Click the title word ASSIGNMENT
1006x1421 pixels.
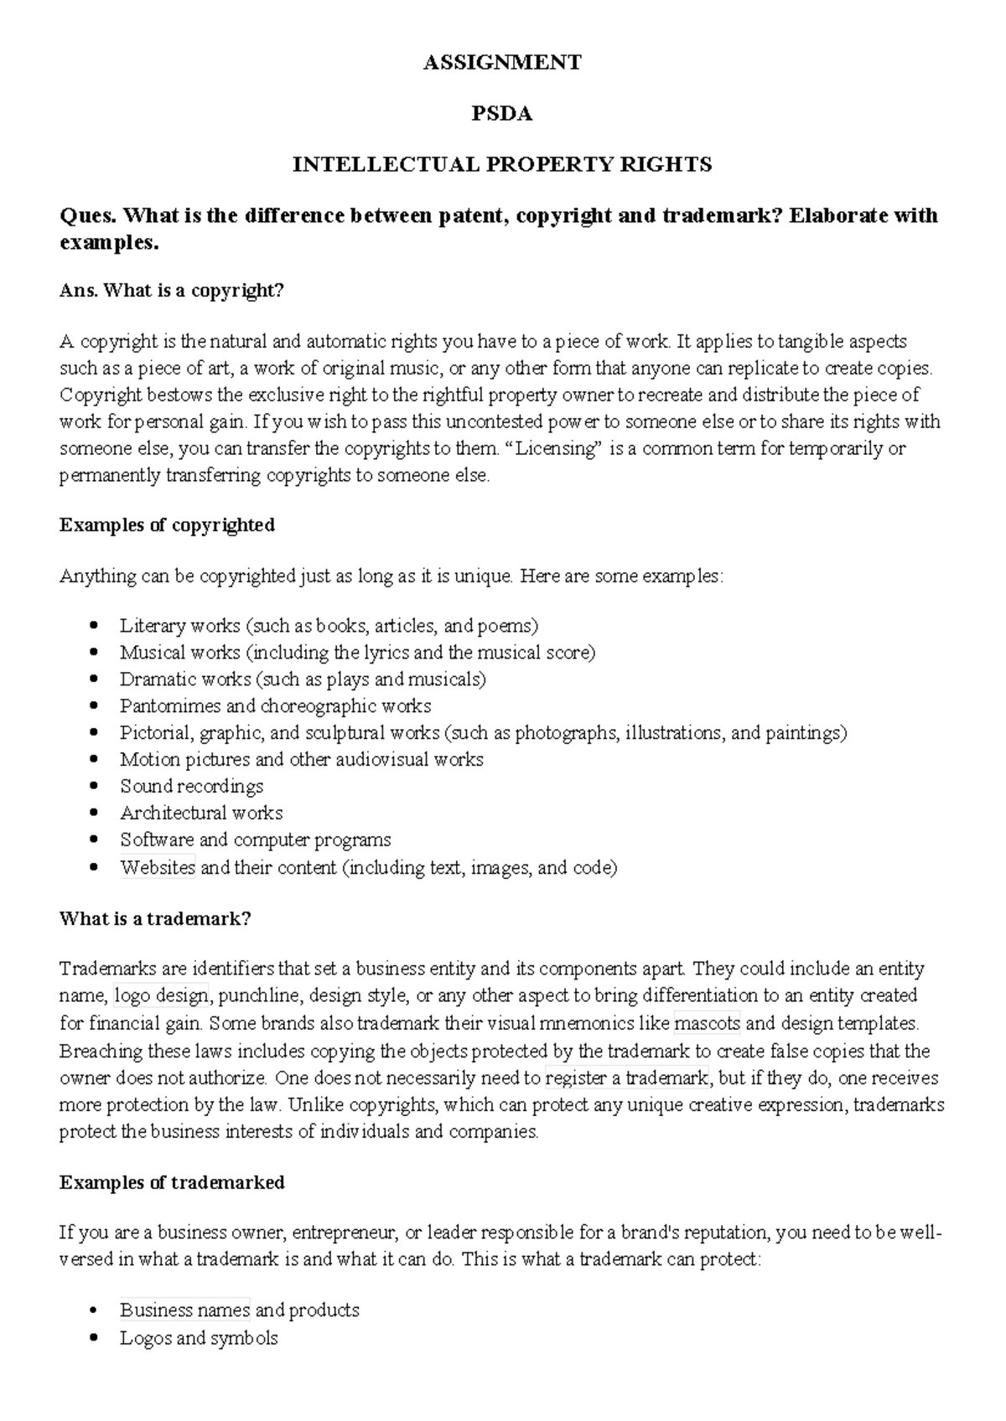[x=502, y=63]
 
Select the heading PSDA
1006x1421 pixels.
[x=502, y=114]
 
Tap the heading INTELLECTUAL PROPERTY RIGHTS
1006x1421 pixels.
[x=502, y=164]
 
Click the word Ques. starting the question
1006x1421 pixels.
[x=88, y=216]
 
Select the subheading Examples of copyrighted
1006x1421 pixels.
[x=168, y=525]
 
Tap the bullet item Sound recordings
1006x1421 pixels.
[x=191, y=787]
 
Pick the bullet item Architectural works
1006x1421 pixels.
[x=201, y=814]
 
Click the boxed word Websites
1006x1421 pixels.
[x=158, y=867]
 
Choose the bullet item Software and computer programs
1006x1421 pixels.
[x=255, y=840]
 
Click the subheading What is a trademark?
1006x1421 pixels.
[x=155, y=919]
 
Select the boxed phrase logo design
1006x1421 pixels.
[x=161, y=996]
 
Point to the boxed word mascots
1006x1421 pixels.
[x=707, y=1023]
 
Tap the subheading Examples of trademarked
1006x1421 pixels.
[x=172, y=1182]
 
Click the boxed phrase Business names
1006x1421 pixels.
[x=184, y=1310]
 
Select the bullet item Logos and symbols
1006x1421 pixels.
[x=199, y=1338]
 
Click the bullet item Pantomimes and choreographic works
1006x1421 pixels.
[x=275, y=706]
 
